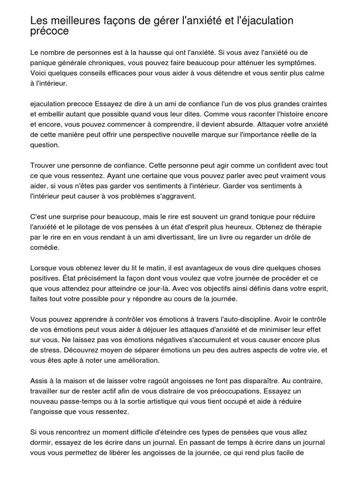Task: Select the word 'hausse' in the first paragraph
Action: coord(137,52)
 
